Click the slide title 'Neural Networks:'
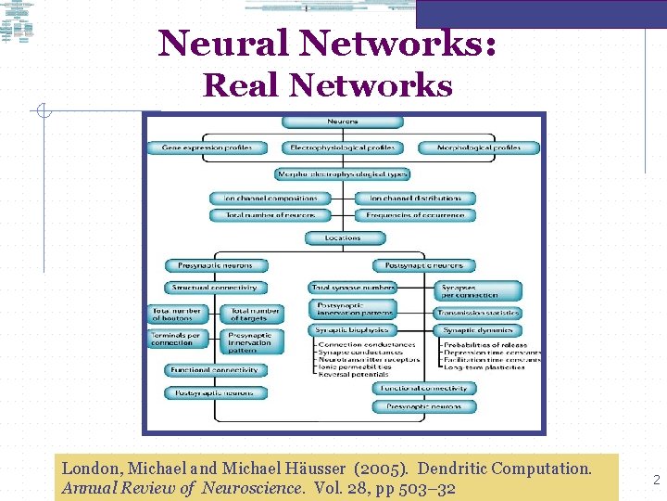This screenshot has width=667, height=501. click(x=327, y=43)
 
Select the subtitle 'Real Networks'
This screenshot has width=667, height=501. click(x=328, y=85)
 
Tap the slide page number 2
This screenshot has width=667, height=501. click(x=656, y=480)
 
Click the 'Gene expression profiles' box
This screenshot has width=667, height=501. click(x=207, y=148)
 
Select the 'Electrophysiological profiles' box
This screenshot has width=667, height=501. click(x=343, y=148)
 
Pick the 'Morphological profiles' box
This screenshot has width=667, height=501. click(x=480, y=148)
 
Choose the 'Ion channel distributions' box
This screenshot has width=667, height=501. click(x=415, y=198)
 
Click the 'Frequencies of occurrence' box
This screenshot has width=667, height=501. click(x=415, y=215)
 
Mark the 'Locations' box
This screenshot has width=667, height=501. click(x=343, y=238)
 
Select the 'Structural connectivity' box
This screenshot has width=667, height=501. click(x=216, y=288)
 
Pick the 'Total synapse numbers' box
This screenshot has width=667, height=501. click(x=353, y=288)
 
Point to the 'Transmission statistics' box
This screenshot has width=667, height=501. click(x=478, y=313)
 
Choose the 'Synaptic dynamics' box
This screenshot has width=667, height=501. click(x=478, y=330)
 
